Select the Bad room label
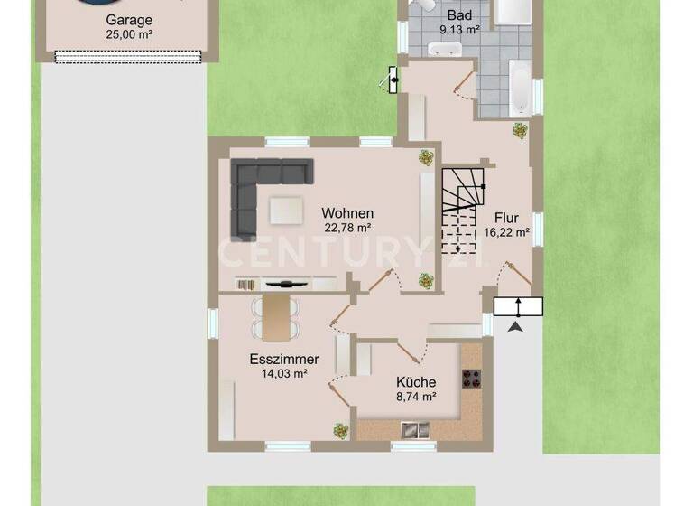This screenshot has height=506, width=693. click(x=460, y=15)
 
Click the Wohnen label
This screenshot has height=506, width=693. click(x=346, y=213)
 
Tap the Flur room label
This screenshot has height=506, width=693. click(x=506, y=217)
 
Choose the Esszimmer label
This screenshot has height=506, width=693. click(x=284, y=360)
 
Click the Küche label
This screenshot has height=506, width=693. click(x=416, y=381)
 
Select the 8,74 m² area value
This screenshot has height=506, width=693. click(x=416, y=396)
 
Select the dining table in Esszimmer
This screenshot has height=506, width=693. click(x=275, y=313)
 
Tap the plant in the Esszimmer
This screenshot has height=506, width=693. click(x=340, y=431)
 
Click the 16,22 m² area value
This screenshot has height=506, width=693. click(x=506, y=231)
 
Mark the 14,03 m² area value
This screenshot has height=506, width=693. click(x=284, y=374)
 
